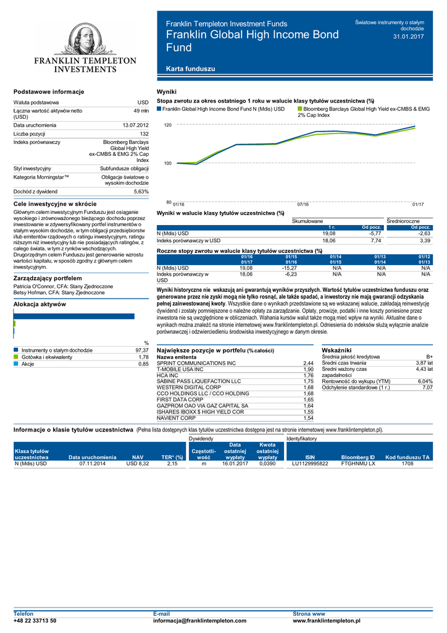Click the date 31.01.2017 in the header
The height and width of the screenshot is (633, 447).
coord(409,36)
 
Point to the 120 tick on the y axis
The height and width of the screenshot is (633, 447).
coord(167,125)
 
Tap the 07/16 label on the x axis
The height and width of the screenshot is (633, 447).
coord(303,204)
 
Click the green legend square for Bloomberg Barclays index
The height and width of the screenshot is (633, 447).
coord(300,109)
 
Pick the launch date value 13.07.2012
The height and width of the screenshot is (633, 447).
coord(136,125)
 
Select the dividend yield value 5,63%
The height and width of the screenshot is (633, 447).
coord(141,192)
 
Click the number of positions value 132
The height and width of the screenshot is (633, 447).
coord(144,134)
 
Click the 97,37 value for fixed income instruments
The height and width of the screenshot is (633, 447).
coord(141,350)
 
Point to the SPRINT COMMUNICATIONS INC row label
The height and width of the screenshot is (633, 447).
coord(196,363)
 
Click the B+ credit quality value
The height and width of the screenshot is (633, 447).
coord(429,357)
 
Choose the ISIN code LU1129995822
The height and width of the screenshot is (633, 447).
coord(310,462)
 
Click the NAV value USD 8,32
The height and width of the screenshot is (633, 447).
coord(138,462)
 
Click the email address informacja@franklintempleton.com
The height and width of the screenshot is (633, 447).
coord(199,621)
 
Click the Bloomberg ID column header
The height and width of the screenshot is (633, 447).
coord(358,457)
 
